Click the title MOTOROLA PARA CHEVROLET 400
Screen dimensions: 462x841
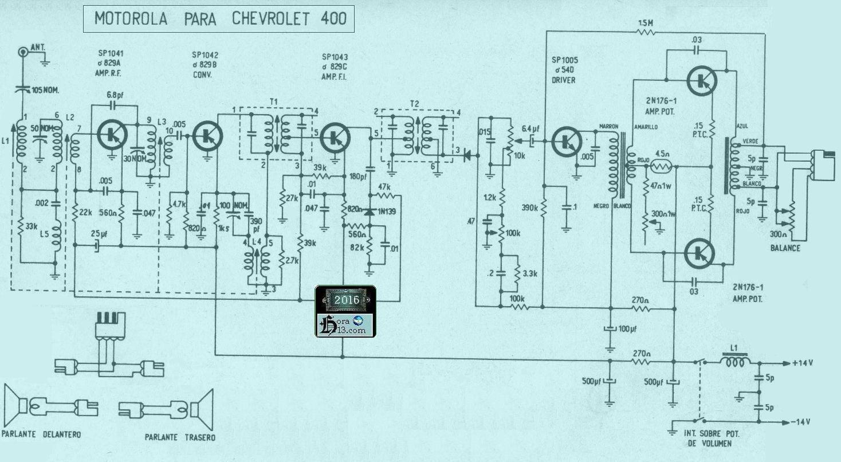point(220,18)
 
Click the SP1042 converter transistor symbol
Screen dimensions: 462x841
point(205,135)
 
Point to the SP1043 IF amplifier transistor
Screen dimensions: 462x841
point(332,137)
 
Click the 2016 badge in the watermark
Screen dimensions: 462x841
point(346,300)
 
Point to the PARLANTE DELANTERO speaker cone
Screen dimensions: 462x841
point(14,405)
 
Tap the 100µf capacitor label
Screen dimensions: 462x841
point(627,329)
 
